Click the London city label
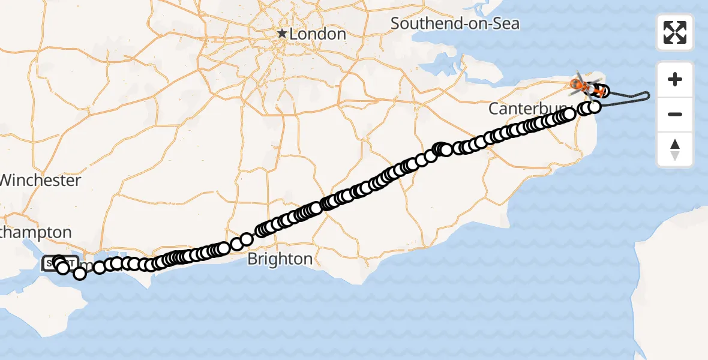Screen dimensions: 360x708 318,34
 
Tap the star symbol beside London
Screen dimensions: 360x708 282,34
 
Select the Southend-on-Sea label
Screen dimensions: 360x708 455,24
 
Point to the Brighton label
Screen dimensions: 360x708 280,259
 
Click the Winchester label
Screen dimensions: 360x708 41,180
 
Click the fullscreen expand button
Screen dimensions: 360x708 675,32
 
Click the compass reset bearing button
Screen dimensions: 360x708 675,149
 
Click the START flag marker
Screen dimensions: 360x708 60,263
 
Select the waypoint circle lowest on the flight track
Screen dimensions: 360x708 80,274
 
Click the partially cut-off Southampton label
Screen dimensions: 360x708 36,232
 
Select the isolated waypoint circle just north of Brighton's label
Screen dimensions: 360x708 246,239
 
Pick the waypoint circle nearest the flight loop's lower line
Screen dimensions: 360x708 595,107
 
